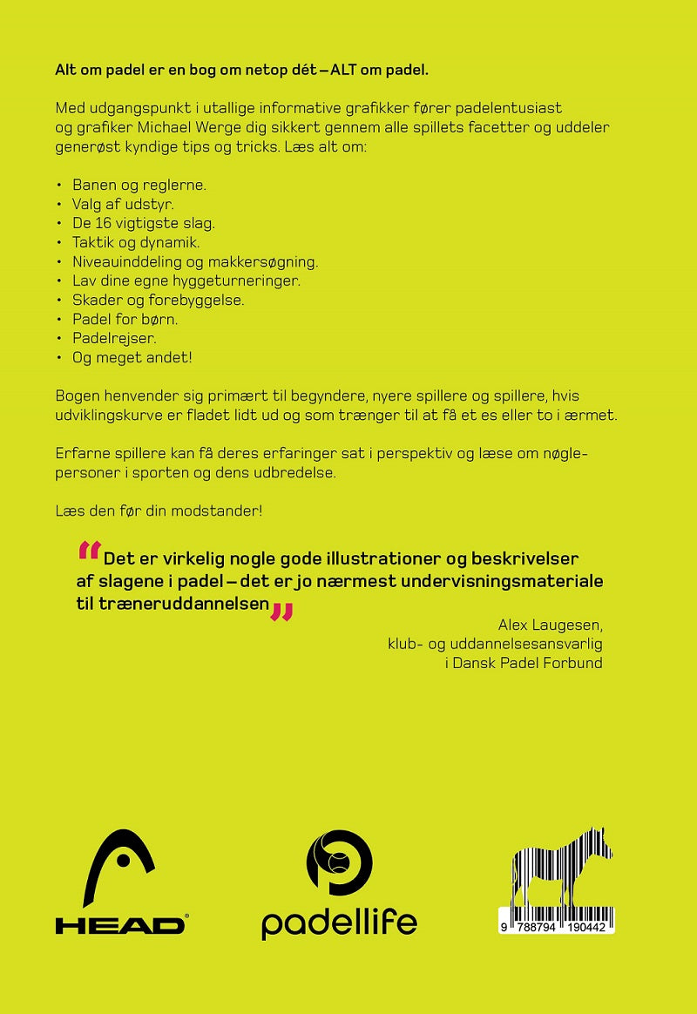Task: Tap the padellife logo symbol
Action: (339, 862)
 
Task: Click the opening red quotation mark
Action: (89, 551)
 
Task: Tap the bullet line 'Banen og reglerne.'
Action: (139, 186)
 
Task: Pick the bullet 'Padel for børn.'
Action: (125, 319)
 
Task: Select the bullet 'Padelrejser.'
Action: (113, 338)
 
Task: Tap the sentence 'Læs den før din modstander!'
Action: (159, 510)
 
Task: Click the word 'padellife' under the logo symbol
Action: (339, 923)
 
